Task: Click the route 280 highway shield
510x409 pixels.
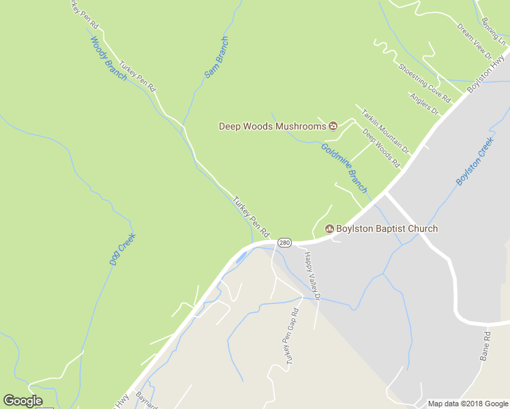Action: pyautogui.click(x=285, y=243)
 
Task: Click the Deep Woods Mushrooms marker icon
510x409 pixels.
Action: pyautogui.click(x=333, y=125)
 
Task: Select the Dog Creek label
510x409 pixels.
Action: pyautogui.click(x=123, y=249)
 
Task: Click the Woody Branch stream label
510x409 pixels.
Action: pyautogui.click(x=109, y=59)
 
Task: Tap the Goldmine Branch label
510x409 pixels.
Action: pyautogui.click(x=344, y=168)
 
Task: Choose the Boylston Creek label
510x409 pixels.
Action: pyautogui.click(x=475, y=161)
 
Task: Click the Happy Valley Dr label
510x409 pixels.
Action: pyautogui.click(x=312, y=275)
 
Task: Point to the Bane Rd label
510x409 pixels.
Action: pyautogui.click(x=485, y=345)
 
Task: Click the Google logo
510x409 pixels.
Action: pyautogui.click(x=22, y=401)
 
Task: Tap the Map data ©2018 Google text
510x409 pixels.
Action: pyautogui.click(x=468, y=404)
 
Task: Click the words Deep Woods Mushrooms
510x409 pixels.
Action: pyautogui.click(x=272, y=126)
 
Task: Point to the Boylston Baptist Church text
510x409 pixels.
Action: pyautogui.click(x=387, y=228)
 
